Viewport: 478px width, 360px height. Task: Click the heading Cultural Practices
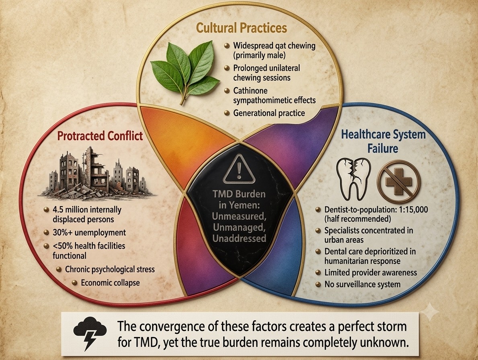click(242, 28)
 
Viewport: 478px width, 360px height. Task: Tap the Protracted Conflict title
click(100, 135)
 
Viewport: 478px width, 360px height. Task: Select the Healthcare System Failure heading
click(383, 141)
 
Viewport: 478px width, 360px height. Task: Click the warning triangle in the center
click(239, 169)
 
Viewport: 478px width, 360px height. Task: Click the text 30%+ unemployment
click(89, 233)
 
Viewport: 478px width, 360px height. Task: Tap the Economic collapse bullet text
click(111, 282)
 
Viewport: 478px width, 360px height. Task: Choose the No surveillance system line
click(363, 284)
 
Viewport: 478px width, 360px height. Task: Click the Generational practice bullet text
click(269, 113)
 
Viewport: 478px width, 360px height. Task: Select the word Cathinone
click(250, 91)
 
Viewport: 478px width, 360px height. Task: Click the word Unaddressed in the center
click(239, 238)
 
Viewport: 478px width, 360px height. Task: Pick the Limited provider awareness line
click(370, 272)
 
